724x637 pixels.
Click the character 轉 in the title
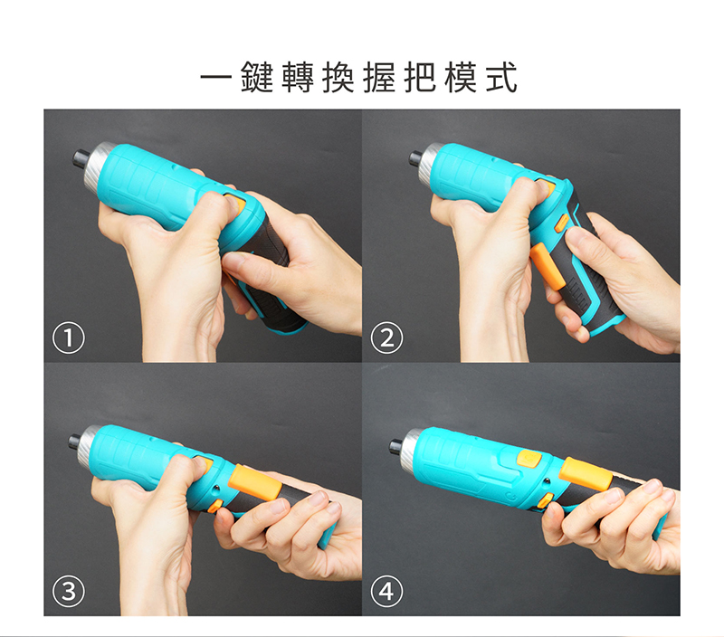(x=308, y=79)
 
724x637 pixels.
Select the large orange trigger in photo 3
(x=255, y=481)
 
